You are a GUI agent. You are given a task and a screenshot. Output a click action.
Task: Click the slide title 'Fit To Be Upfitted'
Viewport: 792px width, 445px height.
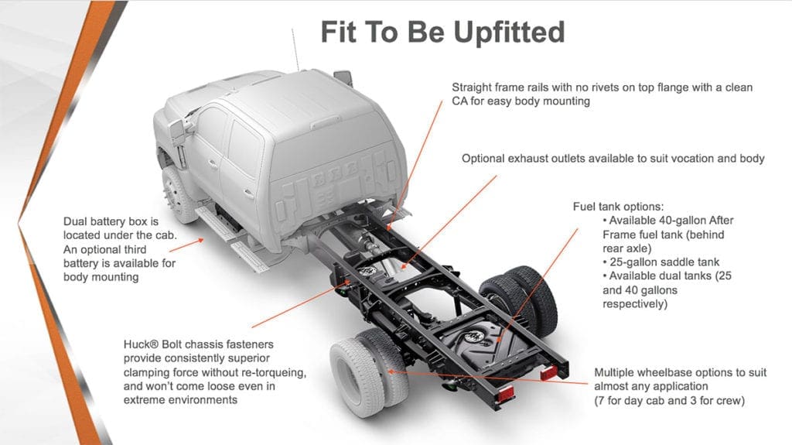(442, 33)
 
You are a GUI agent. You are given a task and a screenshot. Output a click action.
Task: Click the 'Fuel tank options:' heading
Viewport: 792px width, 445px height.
(618, 207)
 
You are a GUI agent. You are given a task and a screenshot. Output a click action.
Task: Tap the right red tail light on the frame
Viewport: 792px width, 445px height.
(548, 374)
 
